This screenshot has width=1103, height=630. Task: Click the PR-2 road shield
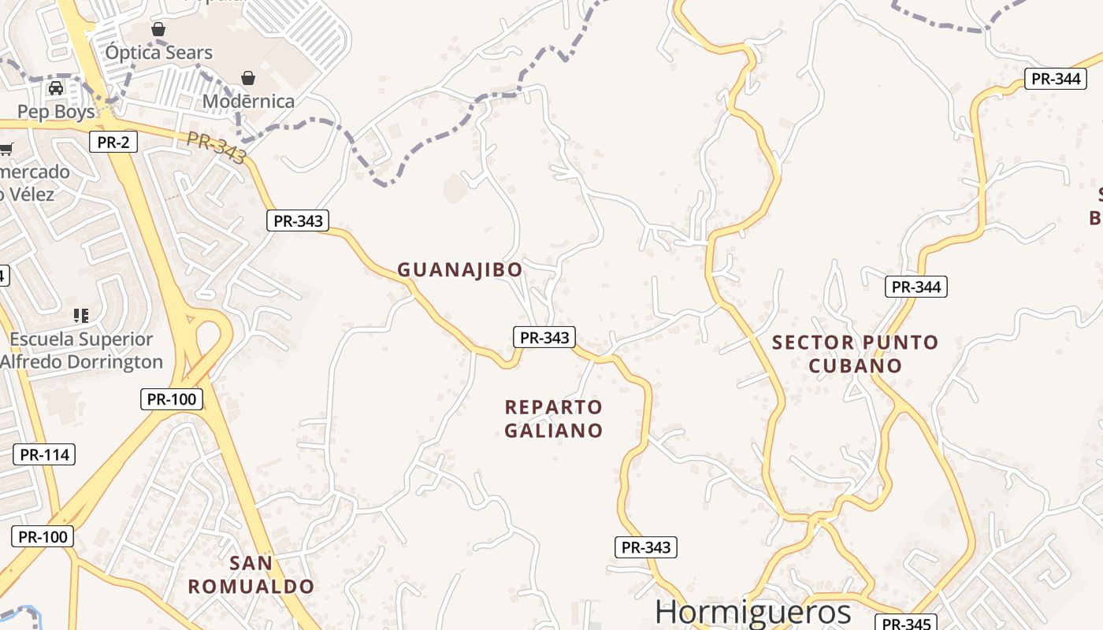113,143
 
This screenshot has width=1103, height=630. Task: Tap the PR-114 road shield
44,454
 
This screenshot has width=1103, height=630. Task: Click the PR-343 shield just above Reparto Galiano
544,337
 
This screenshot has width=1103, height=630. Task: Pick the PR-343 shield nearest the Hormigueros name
645,547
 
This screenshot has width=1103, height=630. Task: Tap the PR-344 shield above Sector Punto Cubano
915,287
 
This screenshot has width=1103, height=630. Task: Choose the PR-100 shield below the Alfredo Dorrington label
172,398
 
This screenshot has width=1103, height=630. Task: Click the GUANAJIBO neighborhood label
459,270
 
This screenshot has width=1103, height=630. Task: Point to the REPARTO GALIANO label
553,419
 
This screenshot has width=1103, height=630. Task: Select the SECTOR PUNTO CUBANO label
855,354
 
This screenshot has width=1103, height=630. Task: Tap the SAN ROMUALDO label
251,575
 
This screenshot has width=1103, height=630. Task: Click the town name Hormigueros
752,612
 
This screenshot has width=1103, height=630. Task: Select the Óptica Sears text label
159,53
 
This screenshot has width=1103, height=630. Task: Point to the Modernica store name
248,101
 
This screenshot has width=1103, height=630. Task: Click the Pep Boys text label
56,112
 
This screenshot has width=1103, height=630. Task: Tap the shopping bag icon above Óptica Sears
158,29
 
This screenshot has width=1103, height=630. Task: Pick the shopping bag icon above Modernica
248,77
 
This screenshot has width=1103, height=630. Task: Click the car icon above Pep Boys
56,88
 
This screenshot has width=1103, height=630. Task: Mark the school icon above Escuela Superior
80,316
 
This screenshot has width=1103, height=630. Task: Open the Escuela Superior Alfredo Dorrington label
82,350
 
